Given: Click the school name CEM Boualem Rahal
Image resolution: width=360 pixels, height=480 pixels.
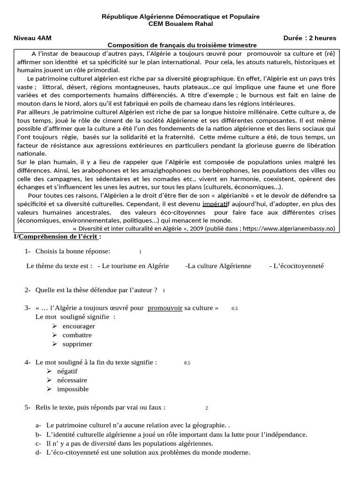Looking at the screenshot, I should (x=180, y=24).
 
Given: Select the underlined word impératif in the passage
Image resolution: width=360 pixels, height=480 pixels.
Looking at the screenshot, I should (x=215, y=204).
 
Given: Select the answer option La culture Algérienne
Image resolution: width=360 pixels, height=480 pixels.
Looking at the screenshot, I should (x=218, y=266).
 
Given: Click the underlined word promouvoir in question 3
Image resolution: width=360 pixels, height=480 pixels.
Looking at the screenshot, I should (x=165, y=308).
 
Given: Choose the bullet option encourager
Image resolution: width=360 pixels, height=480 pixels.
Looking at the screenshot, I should (x=78, y=326).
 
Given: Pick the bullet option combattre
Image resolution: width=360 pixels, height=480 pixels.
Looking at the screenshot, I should (x=77, y=335).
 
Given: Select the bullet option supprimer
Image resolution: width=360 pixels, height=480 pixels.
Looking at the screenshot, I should (x=77, y=344).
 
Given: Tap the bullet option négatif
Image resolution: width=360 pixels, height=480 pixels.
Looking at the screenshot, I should (x=67, y=371).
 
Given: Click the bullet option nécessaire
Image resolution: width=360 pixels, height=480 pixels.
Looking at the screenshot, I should (x=72, y=380).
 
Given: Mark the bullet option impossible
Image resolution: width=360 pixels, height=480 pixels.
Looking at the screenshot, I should (x=73, y=389).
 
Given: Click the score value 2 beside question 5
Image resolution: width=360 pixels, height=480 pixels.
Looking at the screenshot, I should (x=206, y=408).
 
